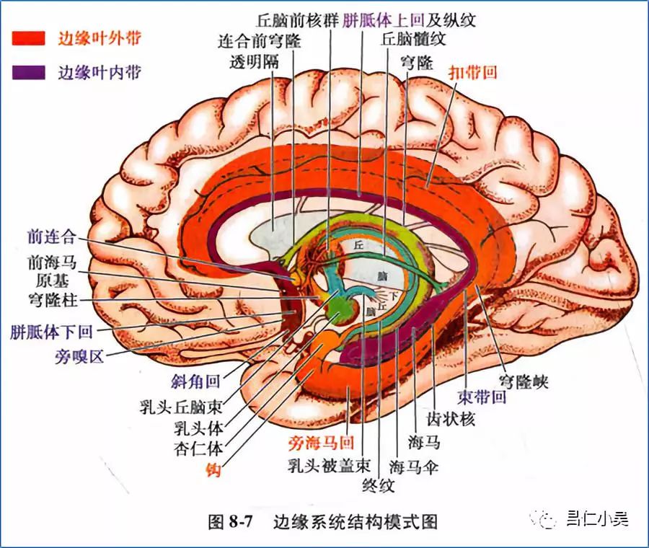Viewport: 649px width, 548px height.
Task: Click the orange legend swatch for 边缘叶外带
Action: [x=28, y=38]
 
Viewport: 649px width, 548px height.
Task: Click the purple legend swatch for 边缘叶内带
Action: [x=28, y=72]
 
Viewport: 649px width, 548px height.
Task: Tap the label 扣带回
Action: [x=472, y=72]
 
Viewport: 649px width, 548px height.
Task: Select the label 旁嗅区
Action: [x=79, y=355]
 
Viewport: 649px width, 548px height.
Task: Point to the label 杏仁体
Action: [x=199, y=448]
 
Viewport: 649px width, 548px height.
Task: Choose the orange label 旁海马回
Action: [x=321, y=442]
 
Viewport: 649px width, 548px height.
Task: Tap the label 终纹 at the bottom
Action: [x=379, y=485]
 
